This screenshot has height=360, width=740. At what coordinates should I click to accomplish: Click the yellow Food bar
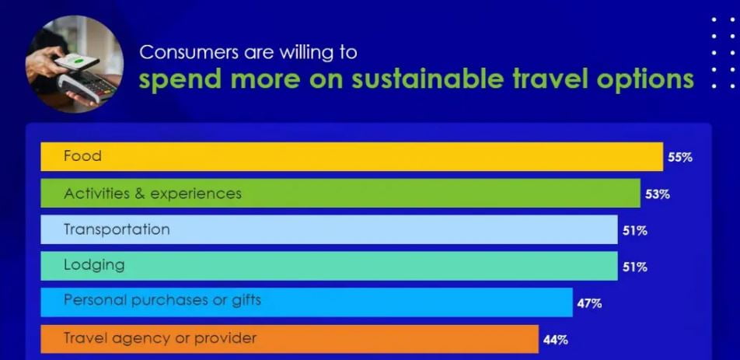[351, 156]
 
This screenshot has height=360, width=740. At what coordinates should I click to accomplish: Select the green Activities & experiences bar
[340, 193]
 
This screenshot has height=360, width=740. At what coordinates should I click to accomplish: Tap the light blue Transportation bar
[329, 230]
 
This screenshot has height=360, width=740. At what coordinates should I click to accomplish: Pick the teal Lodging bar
[329, 266]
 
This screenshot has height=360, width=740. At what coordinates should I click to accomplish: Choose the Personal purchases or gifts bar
[306, 302]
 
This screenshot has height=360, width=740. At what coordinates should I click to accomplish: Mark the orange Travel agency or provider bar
[289, 339]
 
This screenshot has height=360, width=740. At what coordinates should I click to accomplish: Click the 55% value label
[680, 158]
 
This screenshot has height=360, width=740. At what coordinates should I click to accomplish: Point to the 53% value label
[658, 194]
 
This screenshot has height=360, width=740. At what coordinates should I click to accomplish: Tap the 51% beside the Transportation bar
[635, 231]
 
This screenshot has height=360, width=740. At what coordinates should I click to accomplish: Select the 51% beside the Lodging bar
[635, 267]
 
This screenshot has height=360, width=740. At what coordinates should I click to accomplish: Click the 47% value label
[589, 303]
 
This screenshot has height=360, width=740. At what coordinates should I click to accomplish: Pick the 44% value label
[556, 340]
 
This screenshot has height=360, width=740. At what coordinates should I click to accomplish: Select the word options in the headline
[645, 81]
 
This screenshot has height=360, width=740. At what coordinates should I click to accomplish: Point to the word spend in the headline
[180, 81]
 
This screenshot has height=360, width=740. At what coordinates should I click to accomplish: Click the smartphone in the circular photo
[76, 62]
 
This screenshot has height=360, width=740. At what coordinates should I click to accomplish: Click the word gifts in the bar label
[246, 301]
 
